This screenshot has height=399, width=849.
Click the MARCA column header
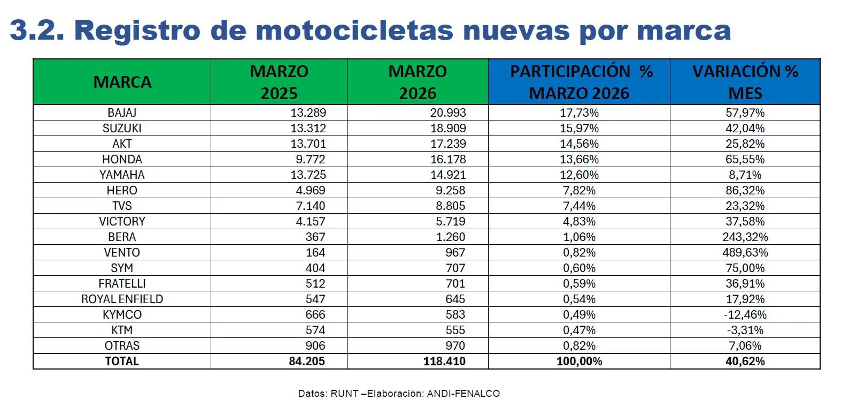pyautogui.click(x=122, y=82)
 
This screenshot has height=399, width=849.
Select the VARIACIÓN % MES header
pyautogui.click(x=745, y=82)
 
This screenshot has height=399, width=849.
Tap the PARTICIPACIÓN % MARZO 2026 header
pyautogui.click(x=580, y=82)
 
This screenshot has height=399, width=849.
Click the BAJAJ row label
pyautogui.click(x=122, y=112)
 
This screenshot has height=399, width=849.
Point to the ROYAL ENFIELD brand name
pyautogui.click(x=122, y=299)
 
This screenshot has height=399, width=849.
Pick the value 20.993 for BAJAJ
pyautogui.click(x=448, y=112)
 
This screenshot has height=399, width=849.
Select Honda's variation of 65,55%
pyautogui.click(x=745, y=159)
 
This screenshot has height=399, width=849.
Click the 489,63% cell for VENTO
pyautogui.click(x=745, y=252)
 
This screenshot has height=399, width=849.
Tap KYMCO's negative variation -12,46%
pyautogui.click(x=745, y=314)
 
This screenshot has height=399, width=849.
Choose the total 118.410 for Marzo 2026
pyautogui.click(x=444, y=362)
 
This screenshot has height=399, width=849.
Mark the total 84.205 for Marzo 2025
pyautogui.click(x=307, y=362)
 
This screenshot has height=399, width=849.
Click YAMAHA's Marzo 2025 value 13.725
pyautogui.click(x=308, y=175)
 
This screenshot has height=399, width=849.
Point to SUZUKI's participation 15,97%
pyautogui.click(x=580, y=128)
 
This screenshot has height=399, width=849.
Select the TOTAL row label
pyautogui.click(x=122, y=362)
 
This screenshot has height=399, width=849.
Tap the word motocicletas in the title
pyautogui.click(x=332, y=30)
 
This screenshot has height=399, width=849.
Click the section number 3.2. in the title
pyautogui.click(x=37, y=30)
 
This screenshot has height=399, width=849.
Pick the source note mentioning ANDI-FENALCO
pyautogui.click(x=399, y=393)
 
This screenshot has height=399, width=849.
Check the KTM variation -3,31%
pyautogui.click(x=745, y=330)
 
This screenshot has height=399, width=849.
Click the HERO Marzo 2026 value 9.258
pyautogui.click(x=451, y=190)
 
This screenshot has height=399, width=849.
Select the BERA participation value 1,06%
pyautogui.click(x=580, y=237)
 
